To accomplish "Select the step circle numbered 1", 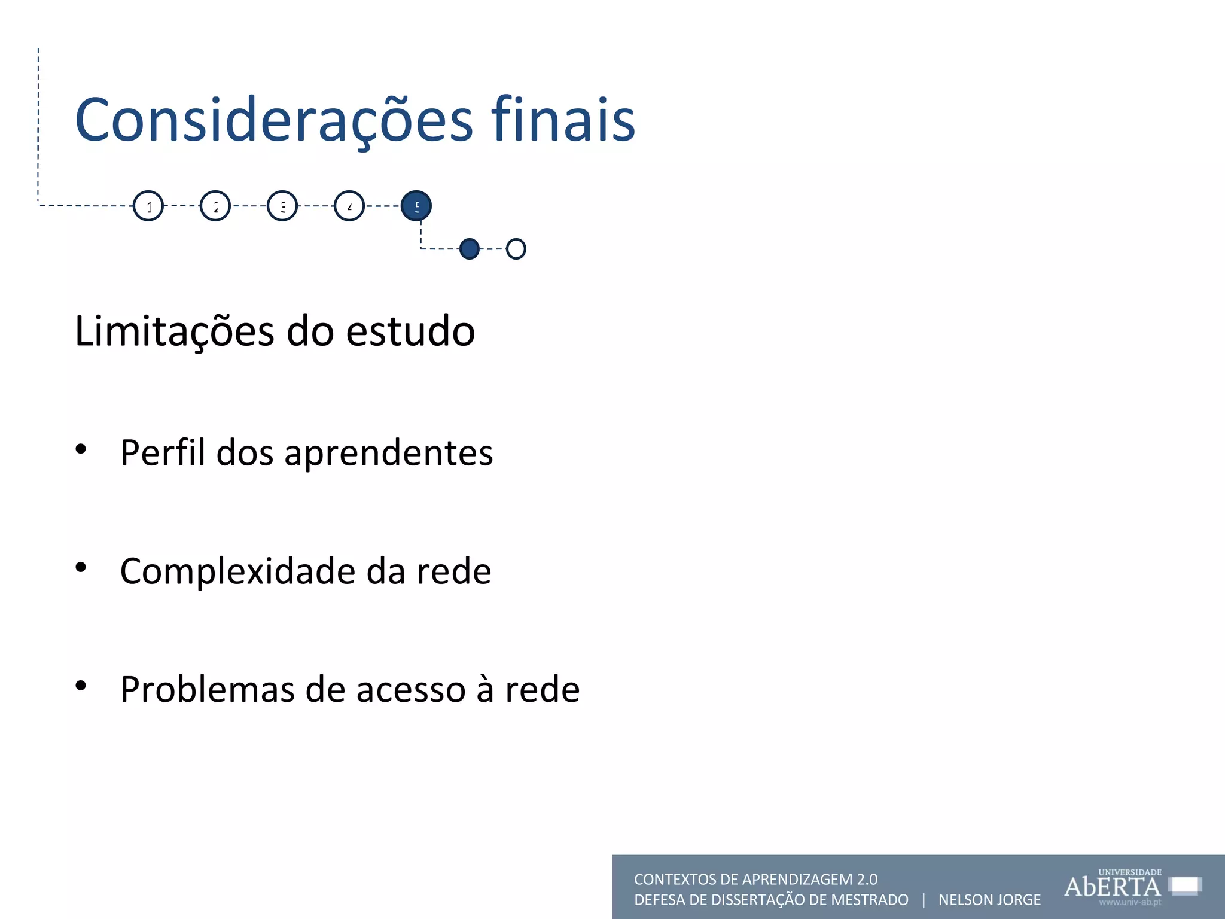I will pyautogui.click(x=148, y=206).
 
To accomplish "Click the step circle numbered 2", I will pyautogui.click(x=215, y=206).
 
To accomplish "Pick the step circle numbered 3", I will pyautogui.click(x=282, y=206).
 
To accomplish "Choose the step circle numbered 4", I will pyautogui.click(x=349, y=206).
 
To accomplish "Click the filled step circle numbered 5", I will pyautogui.click(x=416, y=206).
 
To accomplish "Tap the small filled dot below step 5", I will pyautogui.click(x=470, y=248).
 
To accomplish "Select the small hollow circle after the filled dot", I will pyautogui.click(x=516, y=248).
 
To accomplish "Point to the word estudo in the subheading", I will pyautogui.click(x=410, y=331).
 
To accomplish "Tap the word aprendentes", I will pyautogui.click(x=388, y=453).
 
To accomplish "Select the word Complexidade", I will pyautogui.click(x=237, y=571).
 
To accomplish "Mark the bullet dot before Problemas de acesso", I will pyautogui.click(x=81, y=686).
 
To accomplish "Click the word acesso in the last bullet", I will pyautogui.click(x=411, y=690).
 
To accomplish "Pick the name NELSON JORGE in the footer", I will pyautogui.click(x=989, y=900).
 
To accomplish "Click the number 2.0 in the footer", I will pyautogui.click(x=867, y=880).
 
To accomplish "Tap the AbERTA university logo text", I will pyautogui.click(x=1113, y=886).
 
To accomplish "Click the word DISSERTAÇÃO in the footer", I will pyautogui.click(x=754, y=900).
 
